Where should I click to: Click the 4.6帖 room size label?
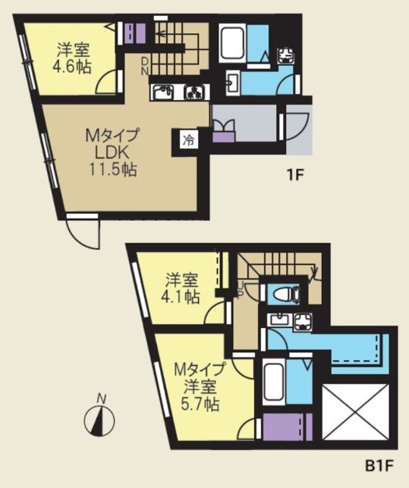[72, 67]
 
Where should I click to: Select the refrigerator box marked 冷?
[188, 140]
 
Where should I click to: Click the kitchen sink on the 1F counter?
[162, 93]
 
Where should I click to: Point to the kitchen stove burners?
[195, 93]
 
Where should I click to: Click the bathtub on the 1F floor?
[231, 43]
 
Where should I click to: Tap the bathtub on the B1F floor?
[274, 382]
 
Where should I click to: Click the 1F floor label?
[294, 176]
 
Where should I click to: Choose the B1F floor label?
[379, 465]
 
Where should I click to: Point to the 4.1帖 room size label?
[181, 297]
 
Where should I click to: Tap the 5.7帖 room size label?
[200, 405]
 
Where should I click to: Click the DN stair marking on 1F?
[145, 66]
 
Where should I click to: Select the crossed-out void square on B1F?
[356, 412]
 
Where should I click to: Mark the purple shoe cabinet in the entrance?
[224, 137]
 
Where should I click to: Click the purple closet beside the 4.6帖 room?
[135, 33]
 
